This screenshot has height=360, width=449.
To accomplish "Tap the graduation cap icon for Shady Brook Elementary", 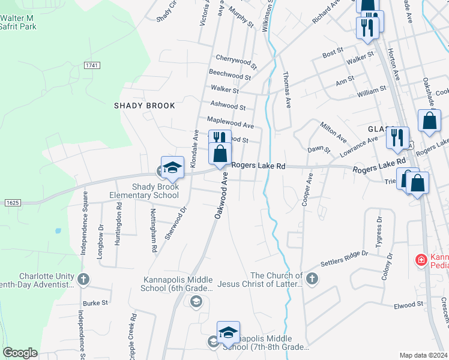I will coord(172,167).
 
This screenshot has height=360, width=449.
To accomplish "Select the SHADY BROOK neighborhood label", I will coord(145,106).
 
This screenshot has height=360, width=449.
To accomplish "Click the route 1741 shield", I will coord(92,65).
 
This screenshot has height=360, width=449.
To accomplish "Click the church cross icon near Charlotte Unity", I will coord(83,279).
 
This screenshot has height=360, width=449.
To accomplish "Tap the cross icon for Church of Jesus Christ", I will coord(312,278).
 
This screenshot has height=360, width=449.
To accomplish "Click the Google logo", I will coord(20,353).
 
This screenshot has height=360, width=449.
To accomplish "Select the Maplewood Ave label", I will coord(231,122).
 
